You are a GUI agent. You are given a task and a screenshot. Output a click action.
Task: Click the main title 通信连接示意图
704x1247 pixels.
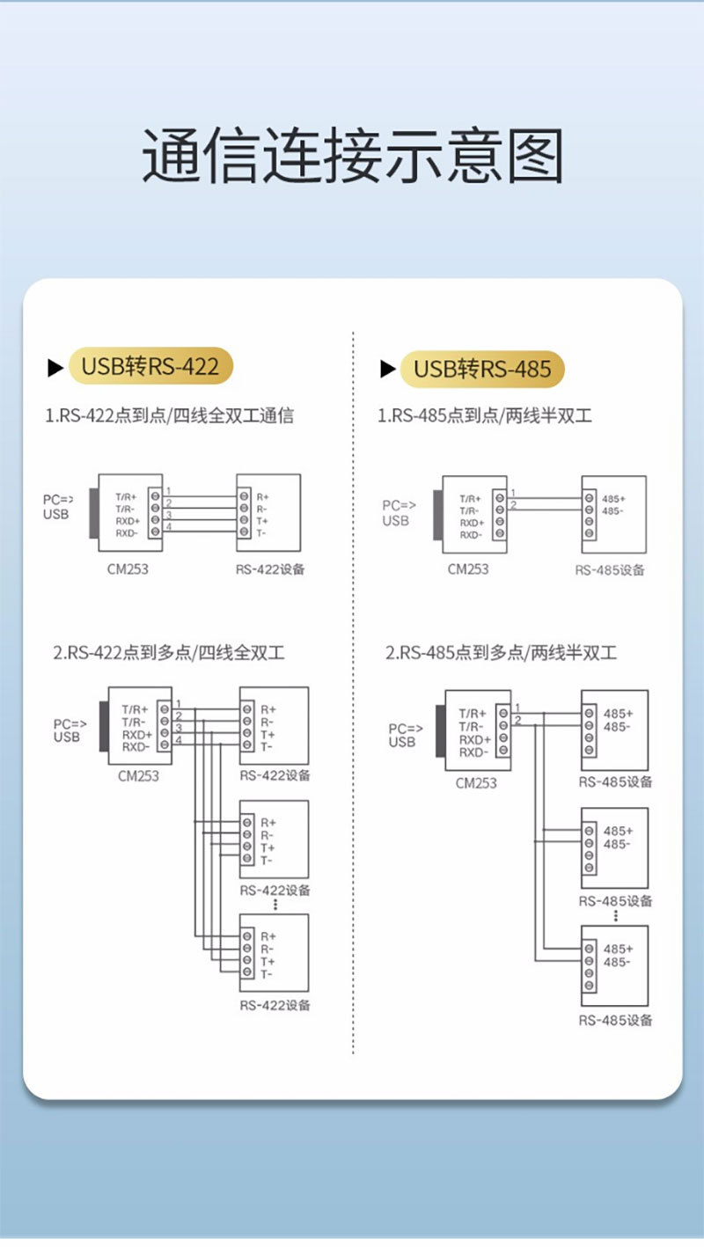(x=353, y=155)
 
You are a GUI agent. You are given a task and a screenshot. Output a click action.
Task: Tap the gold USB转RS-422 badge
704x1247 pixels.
(x=150, y=366)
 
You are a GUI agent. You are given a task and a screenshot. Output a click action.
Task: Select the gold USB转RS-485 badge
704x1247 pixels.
(x=482, y=369)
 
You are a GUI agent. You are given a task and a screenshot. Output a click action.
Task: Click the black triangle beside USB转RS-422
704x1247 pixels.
(x=55, y=368)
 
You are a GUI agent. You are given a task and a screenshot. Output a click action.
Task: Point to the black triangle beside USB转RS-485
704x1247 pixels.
(x=388, y=369)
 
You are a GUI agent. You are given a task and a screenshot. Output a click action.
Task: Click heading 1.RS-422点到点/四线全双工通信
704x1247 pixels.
(x=169, y=415)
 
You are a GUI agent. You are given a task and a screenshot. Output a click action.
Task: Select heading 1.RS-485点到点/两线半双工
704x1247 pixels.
(x=485, y=415)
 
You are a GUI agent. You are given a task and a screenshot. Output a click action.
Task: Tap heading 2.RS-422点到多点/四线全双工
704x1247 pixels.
(x=169, y=652)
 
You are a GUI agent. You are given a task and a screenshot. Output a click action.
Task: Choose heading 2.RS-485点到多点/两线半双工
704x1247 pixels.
(x=501, y=652)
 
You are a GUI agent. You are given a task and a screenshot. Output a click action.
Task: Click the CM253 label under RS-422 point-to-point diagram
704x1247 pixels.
(x=128, y=569)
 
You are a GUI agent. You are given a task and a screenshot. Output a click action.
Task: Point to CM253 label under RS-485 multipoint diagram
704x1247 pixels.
(x=476, y=782)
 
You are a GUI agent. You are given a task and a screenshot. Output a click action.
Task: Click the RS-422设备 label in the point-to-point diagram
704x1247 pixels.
(x=270, y=569)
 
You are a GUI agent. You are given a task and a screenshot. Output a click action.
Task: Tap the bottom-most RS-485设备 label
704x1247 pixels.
(x=615, y=1020)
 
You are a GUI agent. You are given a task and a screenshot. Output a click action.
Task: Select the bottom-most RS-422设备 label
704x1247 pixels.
(x=275, y=1005)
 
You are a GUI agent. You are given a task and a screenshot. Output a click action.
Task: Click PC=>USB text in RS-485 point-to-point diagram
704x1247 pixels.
(x=399, y=513)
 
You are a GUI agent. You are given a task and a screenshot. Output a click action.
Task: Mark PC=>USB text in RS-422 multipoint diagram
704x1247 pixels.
(x=70, y=730)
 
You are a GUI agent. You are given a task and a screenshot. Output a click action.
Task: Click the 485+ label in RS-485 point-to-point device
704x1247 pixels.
(x=613, y=499)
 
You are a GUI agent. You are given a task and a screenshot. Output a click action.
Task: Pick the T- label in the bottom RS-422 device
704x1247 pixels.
(x=267, y=974)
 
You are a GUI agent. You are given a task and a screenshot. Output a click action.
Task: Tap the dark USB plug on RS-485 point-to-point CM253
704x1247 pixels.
(x=438, y=515)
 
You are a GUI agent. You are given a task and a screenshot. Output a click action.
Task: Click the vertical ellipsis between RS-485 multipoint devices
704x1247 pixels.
(x=615, y=916)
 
